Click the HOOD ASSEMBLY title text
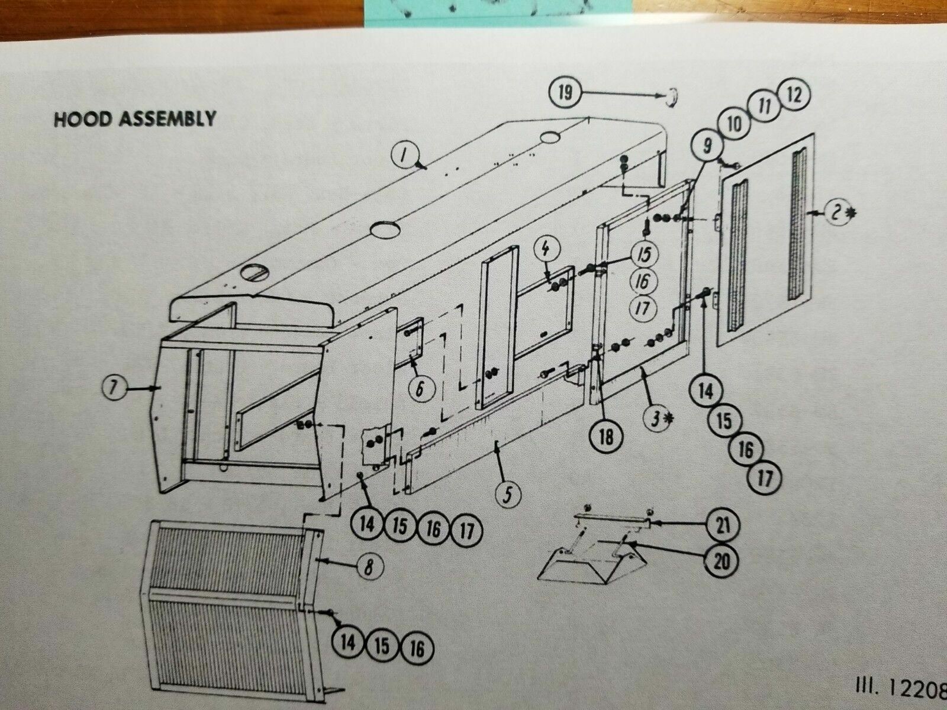pyautogui.click(x=134, y=119)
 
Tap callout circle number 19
pyautogui.click(x=566, y=93)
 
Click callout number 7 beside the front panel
pyautogui.click(x=114, y=388)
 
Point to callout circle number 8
pyautogui.click(x=367, y=567)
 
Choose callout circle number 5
pyautogui.click(x=508, y=495)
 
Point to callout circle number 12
pyautogui.click(x=793, y=96)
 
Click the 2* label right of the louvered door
pyautogui.click(x=836, y=214)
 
